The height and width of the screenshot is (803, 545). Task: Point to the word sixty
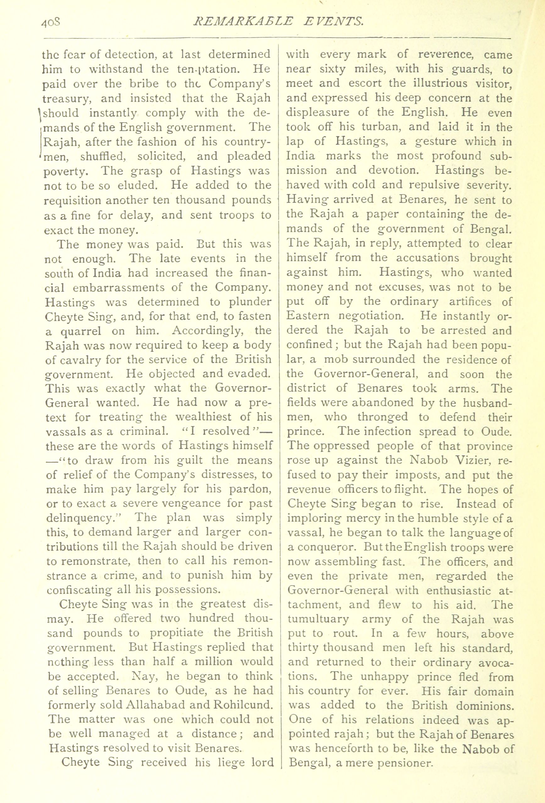pyautogui.click(x=332, y=69)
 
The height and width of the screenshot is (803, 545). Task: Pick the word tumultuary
pyautogui.click(x=318, y=619)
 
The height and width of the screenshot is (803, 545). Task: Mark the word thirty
pyautogui.click(x=303, y=647)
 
